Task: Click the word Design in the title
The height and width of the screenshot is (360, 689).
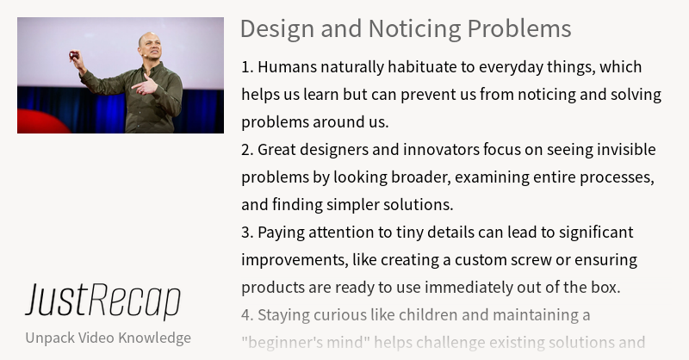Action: pos(271,28)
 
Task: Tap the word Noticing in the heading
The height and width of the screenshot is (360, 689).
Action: pos(405,28)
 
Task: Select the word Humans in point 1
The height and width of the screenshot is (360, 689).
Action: pos(285,67)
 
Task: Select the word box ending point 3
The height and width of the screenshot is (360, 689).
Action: pos(605,287)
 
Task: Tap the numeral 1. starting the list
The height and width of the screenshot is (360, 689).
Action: pos(247,67)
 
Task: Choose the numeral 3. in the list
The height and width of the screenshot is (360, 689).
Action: pos(247,233)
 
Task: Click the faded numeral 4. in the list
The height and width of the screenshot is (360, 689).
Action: pos(247,314)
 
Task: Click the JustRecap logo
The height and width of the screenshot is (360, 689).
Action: pos(102,301)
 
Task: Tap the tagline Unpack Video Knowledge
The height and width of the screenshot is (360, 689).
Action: pos(108,337)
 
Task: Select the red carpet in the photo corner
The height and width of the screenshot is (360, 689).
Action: pos(39,122)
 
